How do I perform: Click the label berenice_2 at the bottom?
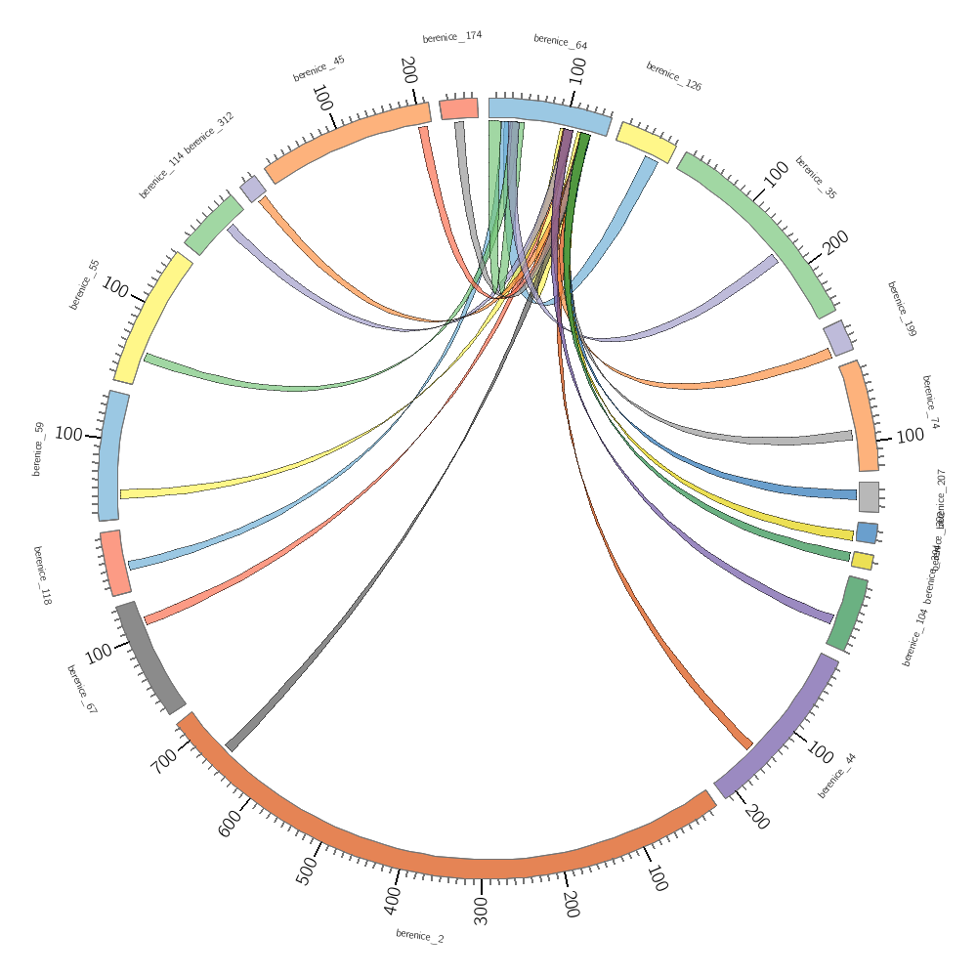coord(419,936)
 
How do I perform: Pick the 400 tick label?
coord(392,899)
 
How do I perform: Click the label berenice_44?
coord(836,776)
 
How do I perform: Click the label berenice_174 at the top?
coord(452,37)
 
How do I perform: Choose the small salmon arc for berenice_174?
coord(458,108)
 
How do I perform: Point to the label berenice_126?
coord(673,76)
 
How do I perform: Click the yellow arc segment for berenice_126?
coord(646,142)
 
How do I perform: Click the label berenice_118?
coord(42,575)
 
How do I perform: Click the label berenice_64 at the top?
coord(560,42)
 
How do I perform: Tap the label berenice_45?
coord(319,68)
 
